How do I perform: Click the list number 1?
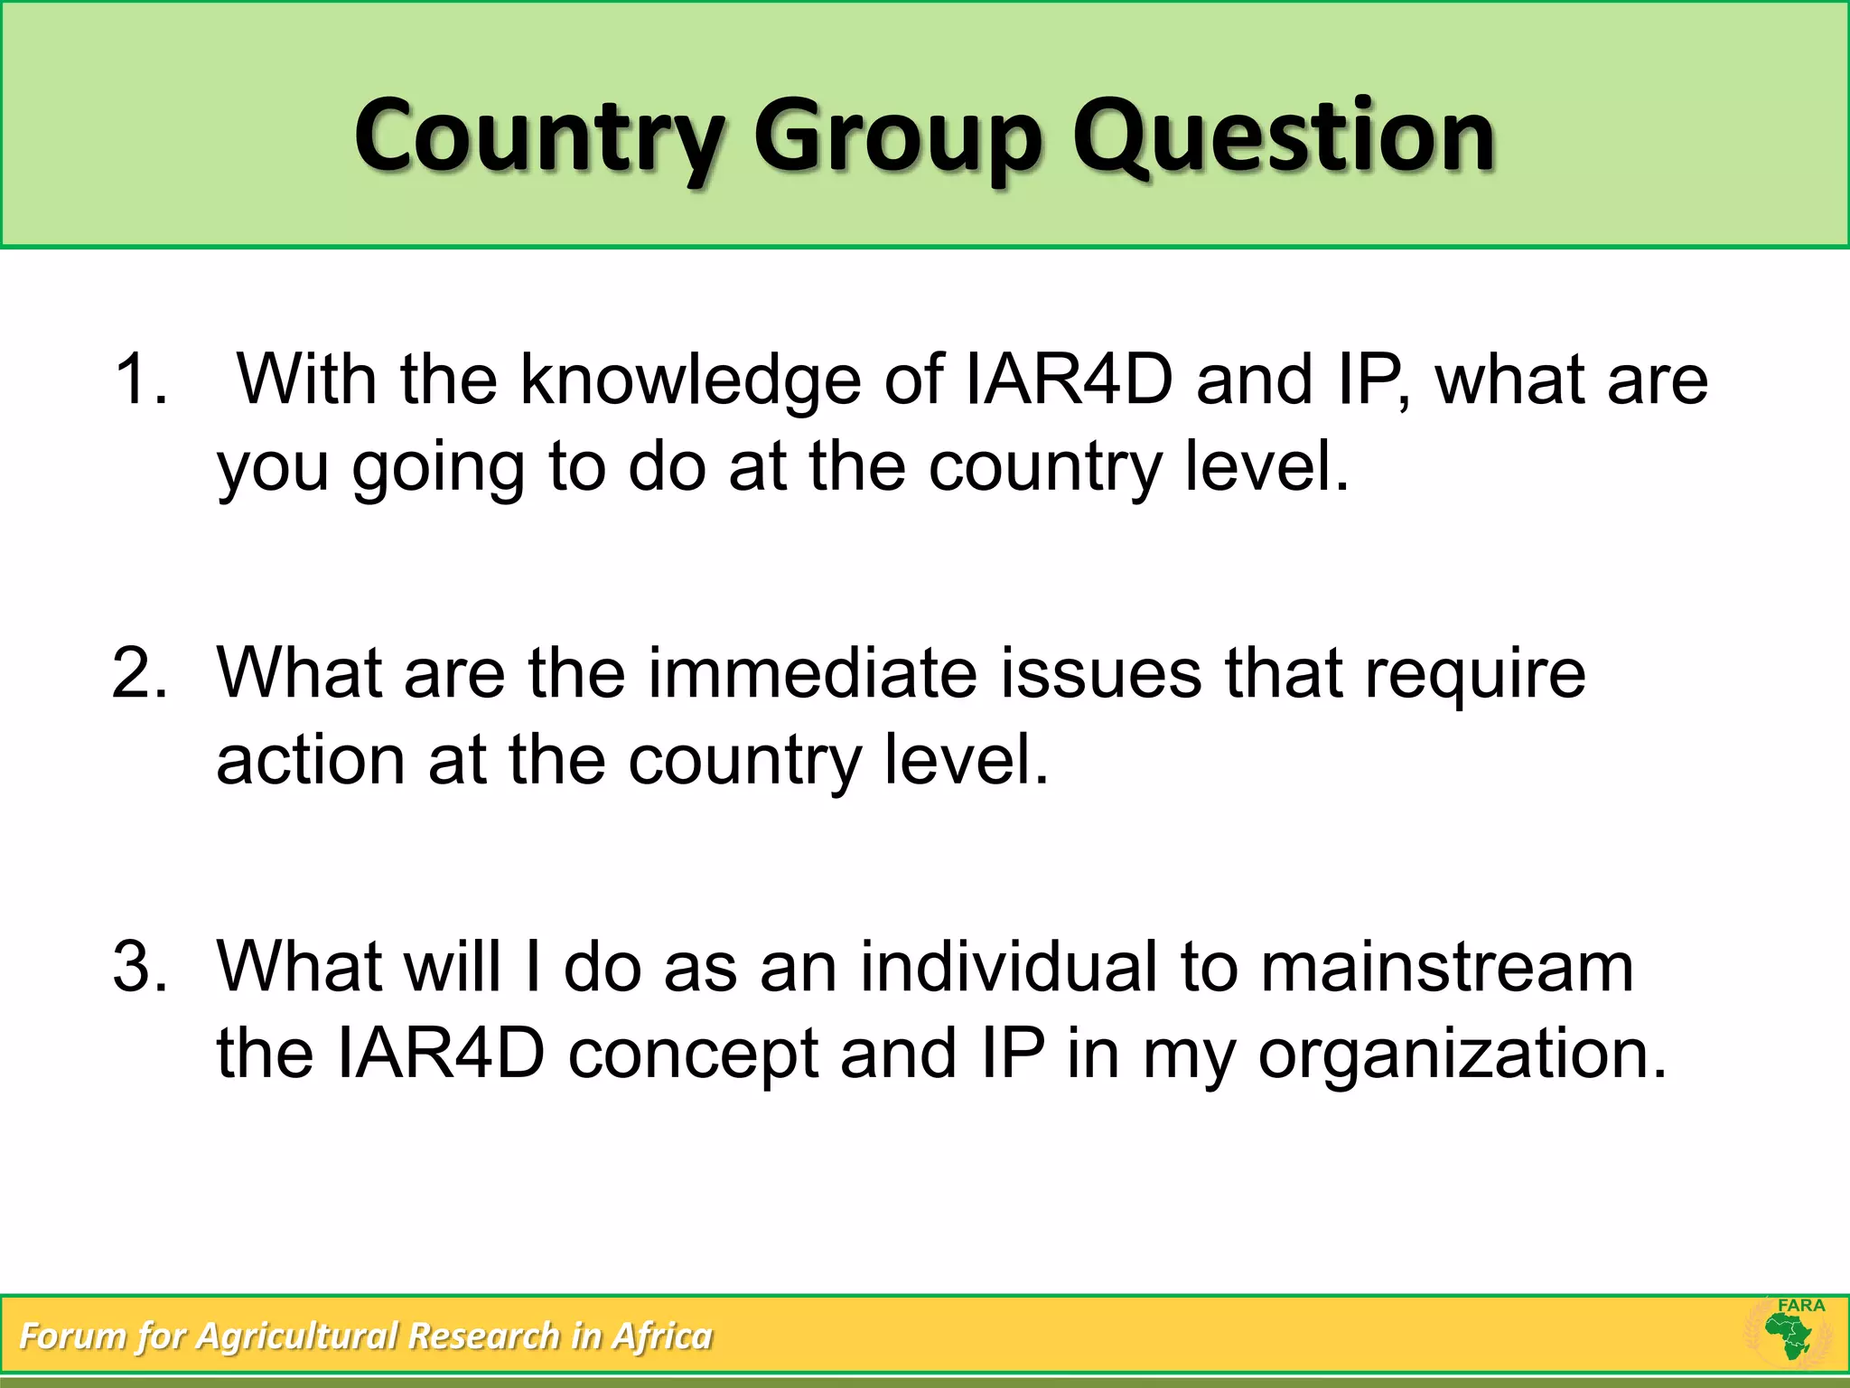tap(140, 380)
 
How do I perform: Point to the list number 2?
tap(140, 673)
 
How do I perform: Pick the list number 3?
tap(140, 967)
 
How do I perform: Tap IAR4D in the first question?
tap(1069, 380)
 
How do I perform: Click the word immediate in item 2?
tap(812, 673)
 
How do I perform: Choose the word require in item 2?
tap(1474, 673)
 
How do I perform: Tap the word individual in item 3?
tap(1008, 967)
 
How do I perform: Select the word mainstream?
tap(1446, 967)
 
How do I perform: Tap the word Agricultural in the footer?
tap(298, 1336)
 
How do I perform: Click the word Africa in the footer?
tap(662, 1336)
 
